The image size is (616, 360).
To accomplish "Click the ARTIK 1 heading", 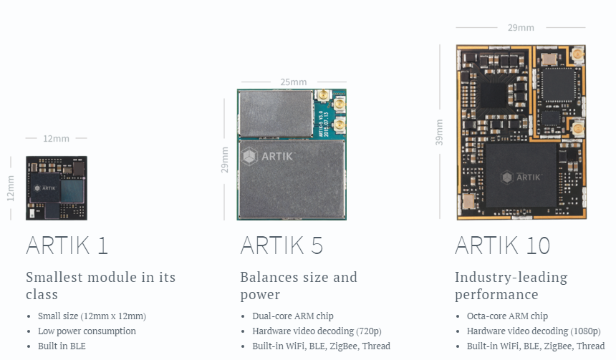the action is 67,245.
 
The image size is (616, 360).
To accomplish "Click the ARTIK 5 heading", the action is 281,245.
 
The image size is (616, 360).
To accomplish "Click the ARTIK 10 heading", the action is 502,245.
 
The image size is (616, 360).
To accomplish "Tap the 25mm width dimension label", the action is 294,82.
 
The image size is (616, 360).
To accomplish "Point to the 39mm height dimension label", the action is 439,132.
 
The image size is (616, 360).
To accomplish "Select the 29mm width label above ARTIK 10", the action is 521,28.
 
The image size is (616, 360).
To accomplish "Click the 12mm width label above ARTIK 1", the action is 57,138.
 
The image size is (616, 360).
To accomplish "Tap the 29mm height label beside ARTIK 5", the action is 225,160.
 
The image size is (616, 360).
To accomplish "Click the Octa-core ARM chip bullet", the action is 507,316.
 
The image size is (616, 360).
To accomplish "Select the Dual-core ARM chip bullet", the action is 293,316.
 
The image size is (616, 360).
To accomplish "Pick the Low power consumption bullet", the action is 87,331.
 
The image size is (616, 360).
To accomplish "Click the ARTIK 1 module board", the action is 57,188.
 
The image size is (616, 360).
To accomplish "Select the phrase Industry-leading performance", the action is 511,286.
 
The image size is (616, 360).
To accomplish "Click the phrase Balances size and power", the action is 298,286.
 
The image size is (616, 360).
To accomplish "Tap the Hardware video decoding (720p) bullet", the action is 317,331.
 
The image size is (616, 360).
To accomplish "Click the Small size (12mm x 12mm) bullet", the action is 91,316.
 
